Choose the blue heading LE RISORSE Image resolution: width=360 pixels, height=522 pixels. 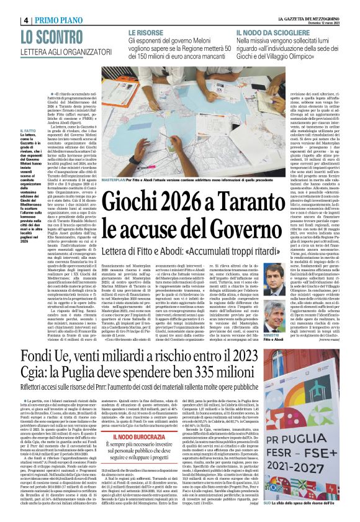[146, 32]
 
